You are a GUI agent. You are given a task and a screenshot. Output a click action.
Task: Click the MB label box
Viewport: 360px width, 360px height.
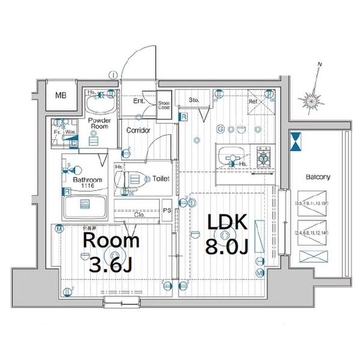coord(61,95)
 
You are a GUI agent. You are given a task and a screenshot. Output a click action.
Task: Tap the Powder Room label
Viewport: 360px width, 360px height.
coord(97,123)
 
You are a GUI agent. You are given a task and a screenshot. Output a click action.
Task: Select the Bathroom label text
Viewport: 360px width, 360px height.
coord(88,180)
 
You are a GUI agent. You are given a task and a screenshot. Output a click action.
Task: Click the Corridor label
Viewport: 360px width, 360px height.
coord(138,130)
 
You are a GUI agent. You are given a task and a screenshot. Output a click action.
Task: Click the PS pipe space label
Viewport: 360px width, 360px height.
coord(169,210)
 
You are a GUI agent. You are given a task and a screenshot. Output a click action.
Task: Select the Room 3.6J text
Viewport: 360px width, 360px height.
coord(111,252)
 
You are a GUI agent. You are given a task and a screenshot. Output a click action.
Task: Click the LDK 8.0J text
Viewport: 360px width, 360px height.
coord(227,233)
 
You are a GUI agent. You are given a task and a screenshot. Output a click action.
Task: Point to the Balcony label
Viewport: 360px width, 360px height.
coord(318,177)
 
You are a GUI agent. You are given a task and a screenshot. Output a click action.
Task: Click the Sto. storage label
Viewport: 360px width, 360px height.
coord(194,100)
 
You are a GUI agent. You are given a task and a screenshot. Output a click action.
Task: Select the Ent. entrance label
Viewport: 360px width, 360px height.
coord(139,101)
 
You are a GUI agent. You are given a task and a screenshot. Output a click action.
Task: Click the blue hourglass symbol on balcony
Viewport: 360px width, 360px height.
coord(296,142)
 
